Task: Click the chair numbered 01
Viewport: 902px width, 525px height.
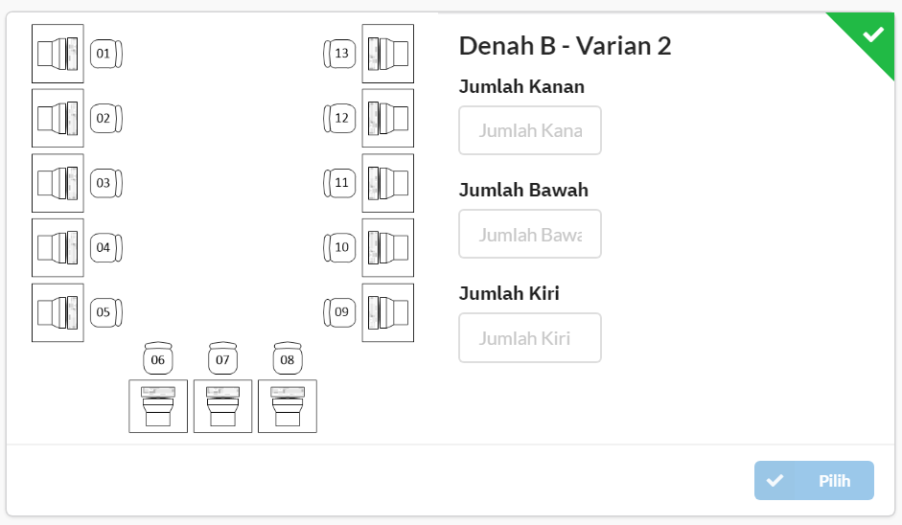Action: pyautogui.click(x=106, y=54)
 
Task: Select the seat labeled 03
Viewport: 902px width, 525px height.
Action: pyautogui.click(x=106, y=183)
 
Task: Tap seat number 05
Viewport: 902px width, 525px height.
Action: pyautogui.click(x=106, y=312)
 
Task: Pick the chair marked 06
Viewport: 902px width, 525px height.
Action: pyautogui.click(x=158, y=358)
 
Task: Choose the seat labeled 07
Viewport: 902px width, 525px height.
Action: pyautogui.click(x=222, y=358)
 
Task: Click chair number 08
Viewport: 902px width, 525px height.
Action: pyautogui.click(x=288, y=358)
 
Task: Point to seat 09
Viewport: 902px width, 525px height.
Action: pyautogui.click(x=339, y=312)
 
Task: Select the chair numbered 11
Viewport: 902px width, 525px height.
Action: pyautogui.click(x=339, y=183)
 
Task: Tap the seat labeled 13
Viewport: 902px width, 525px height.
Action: pyautogui.click(x=339, y=54)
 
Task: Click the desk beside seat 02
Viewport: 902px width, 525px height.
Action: pyautogui.click(x=58, y=119)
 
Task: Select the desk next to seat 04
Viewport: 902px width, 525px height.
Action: pyautogui.click(x=58, y=248)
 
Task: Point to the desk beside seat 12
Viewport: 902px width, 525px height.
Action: pyautogui.click(x=387, y=119)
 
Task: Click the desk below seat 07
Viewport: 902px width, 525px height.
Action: pyautogui.click(x=222, y=406)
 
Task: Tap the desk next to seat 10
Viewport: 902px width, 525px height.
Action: pyautogui.click(x=387, y=248)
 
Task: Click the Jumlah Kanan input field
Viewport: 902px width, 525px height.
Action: pyautogui.click(x=530, y=130)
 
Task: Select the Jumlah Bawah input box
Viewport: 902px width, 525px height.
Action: pyautogui.click(x=530, y=234)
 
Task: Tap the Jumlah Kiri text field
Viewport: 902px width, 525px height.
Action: pyautogui.click(x=530, y=338)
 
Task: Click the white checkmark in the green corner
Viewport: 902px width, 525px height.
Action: pyautogui.click(x=873, y=34)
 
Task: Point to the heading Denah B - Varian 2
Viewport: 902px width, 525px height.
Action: pyautogui.click(x=565, y=46)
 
